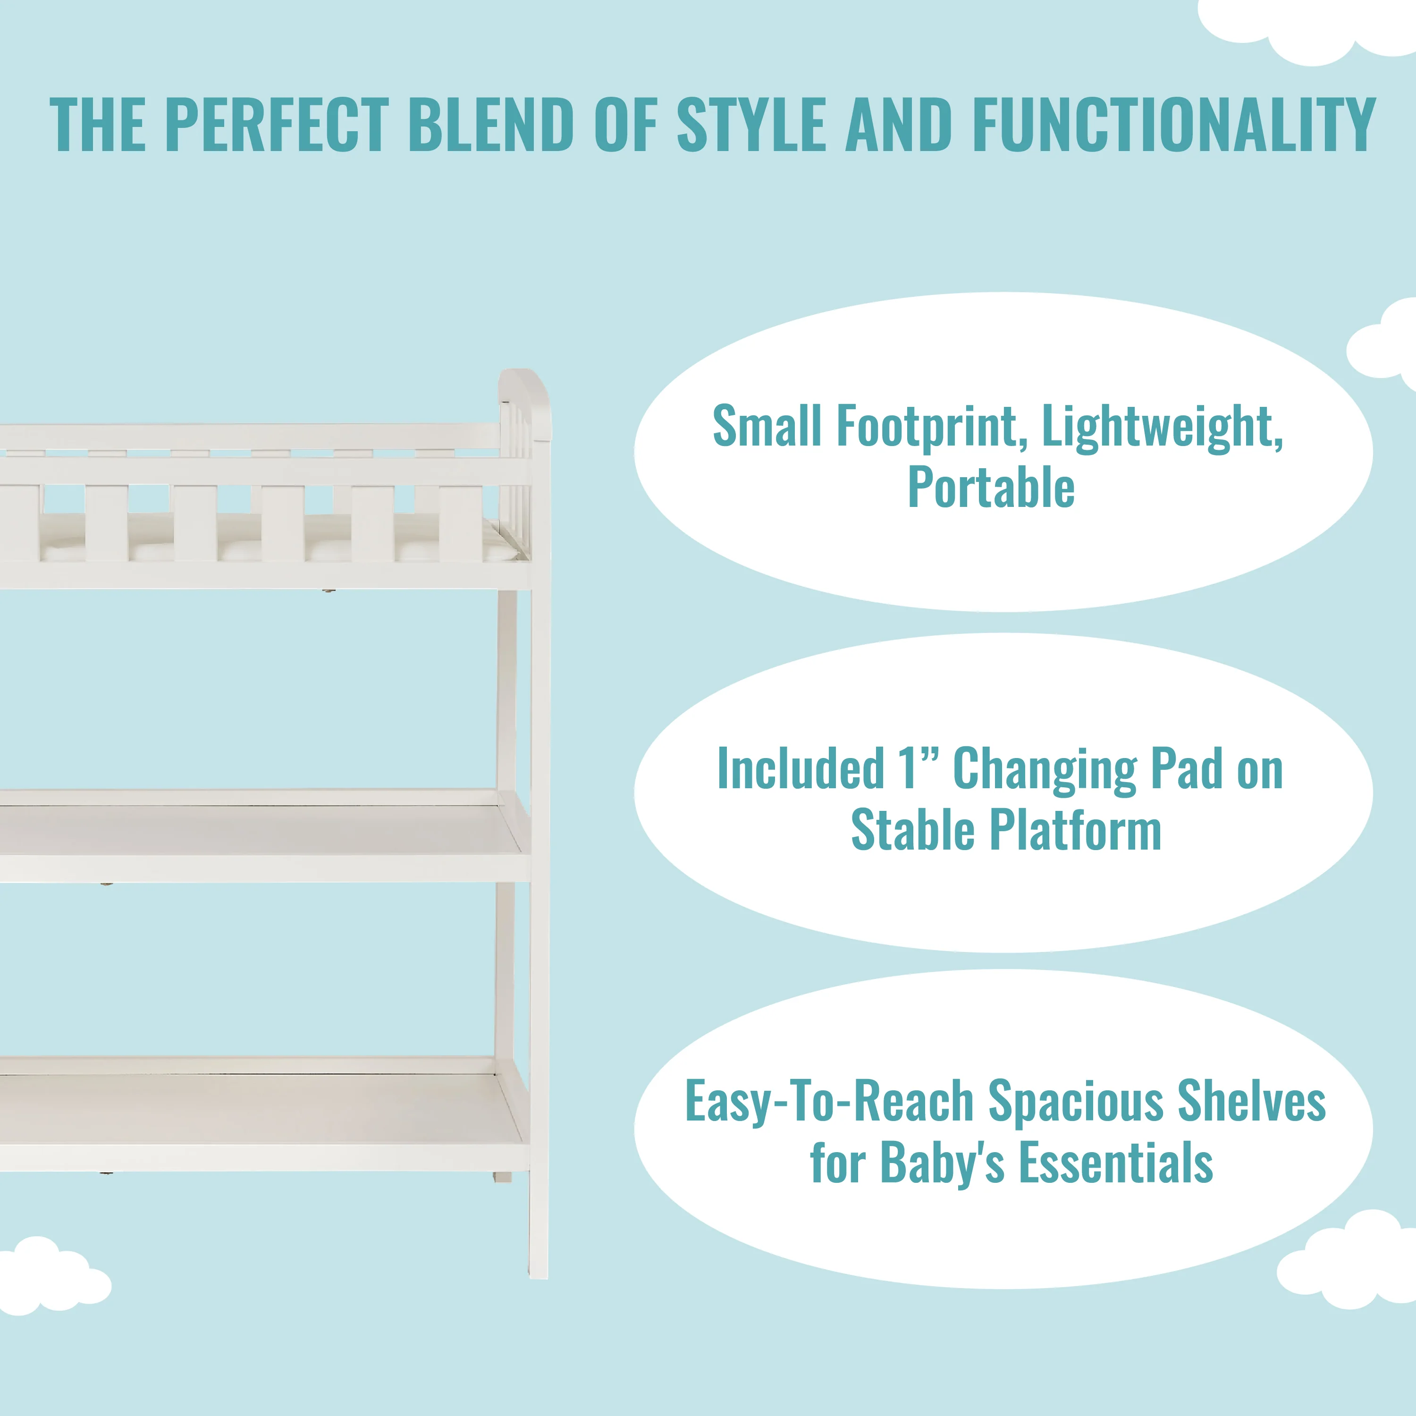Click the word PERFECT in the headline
277,125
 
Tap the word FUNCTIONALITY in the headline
1174,125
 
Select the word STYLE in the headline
751,125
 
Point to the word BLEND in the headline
490,125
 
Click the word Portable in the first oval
991,488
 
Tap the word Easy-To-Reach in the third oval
829,1102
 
